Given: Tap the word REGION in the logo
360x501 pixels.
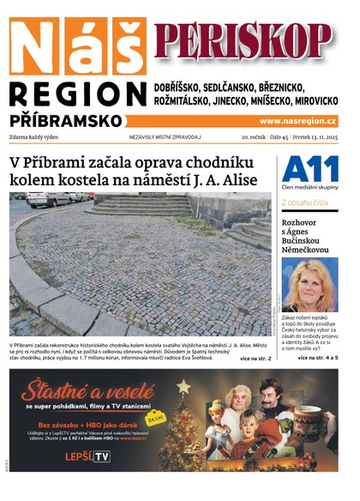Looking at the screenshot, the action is [77, 95].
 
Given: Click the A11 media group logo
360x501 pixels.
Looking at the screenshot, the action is [309, 168].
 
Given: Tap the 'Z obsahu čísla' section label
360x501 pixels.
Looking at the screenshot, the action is [303, 202].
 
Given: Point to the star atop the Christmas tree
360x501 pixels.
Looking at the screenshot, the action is [183, 388].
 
